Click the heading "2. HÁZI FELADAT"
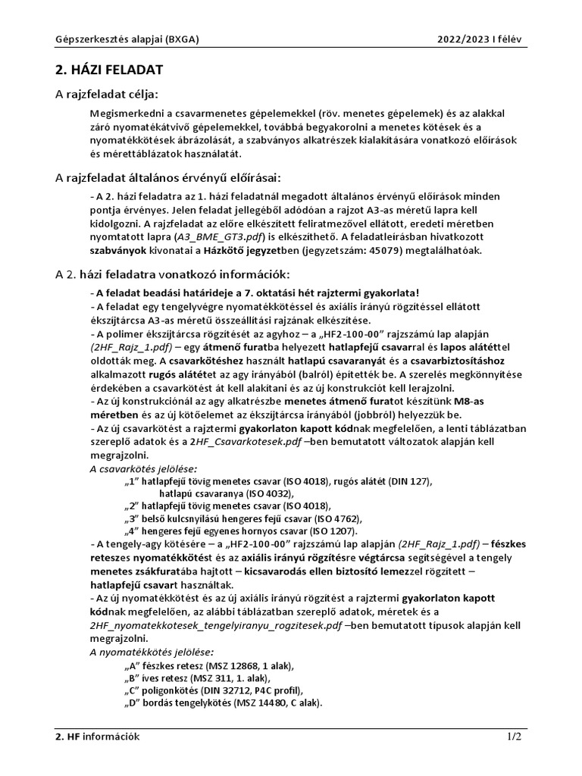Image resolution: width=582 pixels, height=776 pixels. click(109, 70)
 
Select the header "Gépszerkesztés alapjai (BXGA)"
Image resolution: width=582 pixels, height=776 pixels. click(120, 39)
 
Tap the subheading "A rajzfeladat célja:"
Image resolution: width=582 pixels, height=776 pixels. click(107, 94)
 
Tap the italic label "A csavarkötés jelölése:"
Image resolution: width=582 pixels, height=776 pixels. click(143, 469)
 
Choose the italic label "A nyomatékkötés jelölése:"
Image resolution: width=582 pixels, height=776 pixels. click(152, 652)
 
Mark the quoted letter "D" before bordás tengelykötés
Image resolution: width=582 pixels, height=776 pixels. click(131, 702)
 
